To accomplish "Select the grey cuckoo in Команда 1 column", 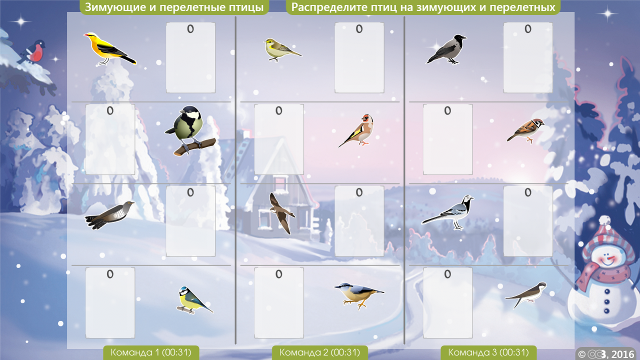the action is click(x=109, y=214).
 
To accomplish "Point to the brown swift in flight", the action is click(x=281, y=213).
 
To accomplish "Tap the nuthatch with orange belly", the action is click(x=359, y=295).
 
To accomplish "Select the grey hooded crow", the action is click(x=446, y=49).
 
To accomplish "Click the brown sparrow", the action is click(x=526, y=130).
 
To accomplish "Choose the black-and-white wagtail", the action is click(x=448, y=212).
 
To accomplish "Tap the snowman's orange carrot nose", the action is click(x=610, y=258).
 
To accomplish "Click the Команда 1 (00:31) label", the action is click(x=151, y=352).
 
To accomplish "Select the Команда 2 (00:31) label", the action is click(x=319, y=352).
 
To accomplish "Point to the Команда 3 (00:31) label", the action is click(x=488, y=352).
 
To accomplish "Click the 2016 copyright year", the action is click(x=622, y=354).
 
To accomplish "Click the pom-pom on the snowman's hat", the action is click(x=604, y=221).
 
